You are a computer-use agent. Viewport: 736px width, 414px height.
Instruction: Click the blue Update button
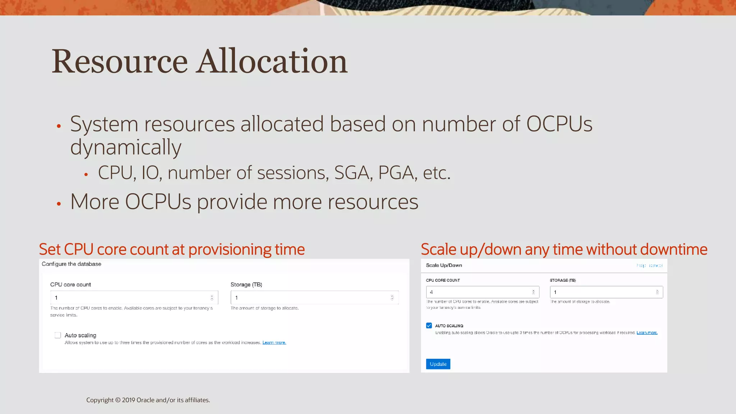(x=438, y=364)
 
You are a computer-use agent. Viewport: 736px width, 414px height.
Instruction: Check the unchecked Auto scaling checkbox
(x=58, y=335)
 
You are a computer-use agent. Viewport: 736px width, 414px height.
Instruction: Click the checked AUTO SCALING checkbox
(x=429, y=326)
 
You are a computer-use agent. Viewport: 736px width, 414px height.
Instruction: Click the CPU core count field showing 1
(x=134, y=298)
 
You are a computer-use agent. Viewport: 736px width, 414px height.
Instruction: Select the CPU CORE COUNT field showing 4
(x=482, y=292)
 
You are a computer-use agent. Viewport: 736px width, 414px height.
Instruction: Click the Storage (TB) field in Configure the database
(x=314, y=298)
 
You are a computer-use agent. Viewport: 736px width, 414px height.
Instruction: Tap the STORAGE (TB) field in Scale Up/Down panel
(x=606, y=292)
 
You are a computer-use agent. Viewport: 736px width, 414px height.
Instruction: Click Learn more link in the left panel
(x=274, y=342)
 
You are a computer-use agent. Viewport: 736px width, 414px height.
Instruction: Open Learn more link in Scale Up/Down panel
(x=647, y=333)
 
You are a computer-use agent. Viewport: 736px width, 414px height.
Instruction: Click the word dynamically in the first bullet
(x=126, y=148)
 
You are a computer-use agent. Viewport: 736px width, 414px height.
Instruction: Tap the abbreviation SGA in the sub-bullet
(x=351, y=173)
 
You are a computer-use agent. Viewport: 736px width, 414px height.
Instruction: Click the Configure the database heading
(x=72, y=264)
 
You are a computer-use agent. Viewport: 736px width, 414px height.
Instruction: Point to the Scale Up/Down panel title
(x=444, y=266)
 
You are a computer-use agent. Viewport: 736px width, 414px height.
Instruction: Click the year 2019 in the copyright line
(x=128, y=400)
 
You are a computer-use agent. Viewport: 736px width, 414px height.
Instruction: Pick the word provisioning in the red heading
(x=230, y=249)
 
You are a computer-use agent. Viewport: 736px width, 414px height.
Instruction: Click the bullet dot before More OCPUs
(x=59, y=204)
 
